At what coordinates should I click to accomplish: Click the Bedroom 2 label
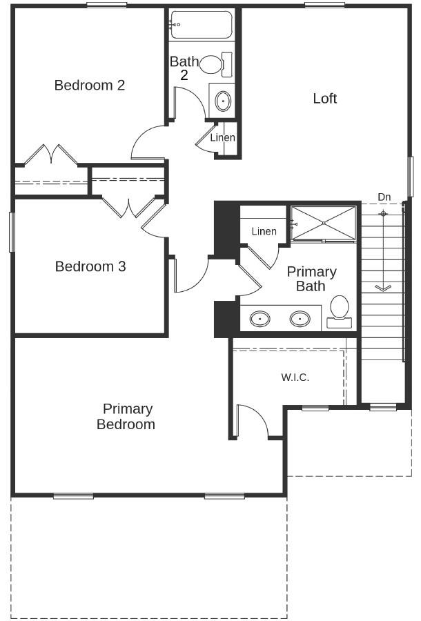pyautogui.click(x=90, y=86)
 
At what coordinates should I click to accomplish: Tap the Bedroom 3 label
pyautogui.click(x=90, y=266)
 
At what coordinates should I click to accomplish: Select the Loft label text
pyautogui.click(x=325, y=99)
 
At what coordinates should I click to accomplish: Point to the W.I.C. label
pyautogui.click(x=295, y=377)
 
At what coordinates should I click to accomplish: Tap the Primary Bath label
pyautogui.click(x=311, y=279)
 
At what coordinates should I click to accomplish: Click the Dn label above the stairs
pyautogui.click(x=384, y=197)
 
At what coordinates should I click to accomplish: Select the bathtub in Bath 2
pyautogui.click(x=201, y=25)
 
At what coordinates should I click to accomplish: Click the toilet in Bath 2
pyautogui.click(x=215, y=65)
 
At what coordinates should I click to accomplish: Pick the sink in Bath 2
pyautogui.click(x=223, y=101)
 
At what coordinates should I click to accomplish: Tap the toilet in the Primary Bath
pyautogui.click(x=339, y=308)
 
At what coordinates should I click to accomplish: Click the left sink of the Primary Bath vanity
pyautogui.click(x=260, y=319)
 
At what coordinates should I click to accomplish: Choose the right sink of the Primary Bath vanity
pyautogui.click(x=300, y=319)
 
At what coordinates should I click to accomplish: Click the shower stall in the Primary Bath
pyautogui.click(x=323, y=222)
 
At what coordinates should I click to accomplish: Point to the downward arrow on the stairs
pyautogui.click(x=383, y=286)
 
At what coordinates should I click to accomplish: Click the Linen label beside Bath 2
pyautogui.click(x=222, y=138)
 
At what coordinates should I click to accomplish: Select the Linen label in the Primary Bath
pyautogui.click(x=264, y=232)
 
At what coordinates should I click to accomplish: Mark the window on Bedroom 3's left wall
pyautogui.click(x=11, y=231)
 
